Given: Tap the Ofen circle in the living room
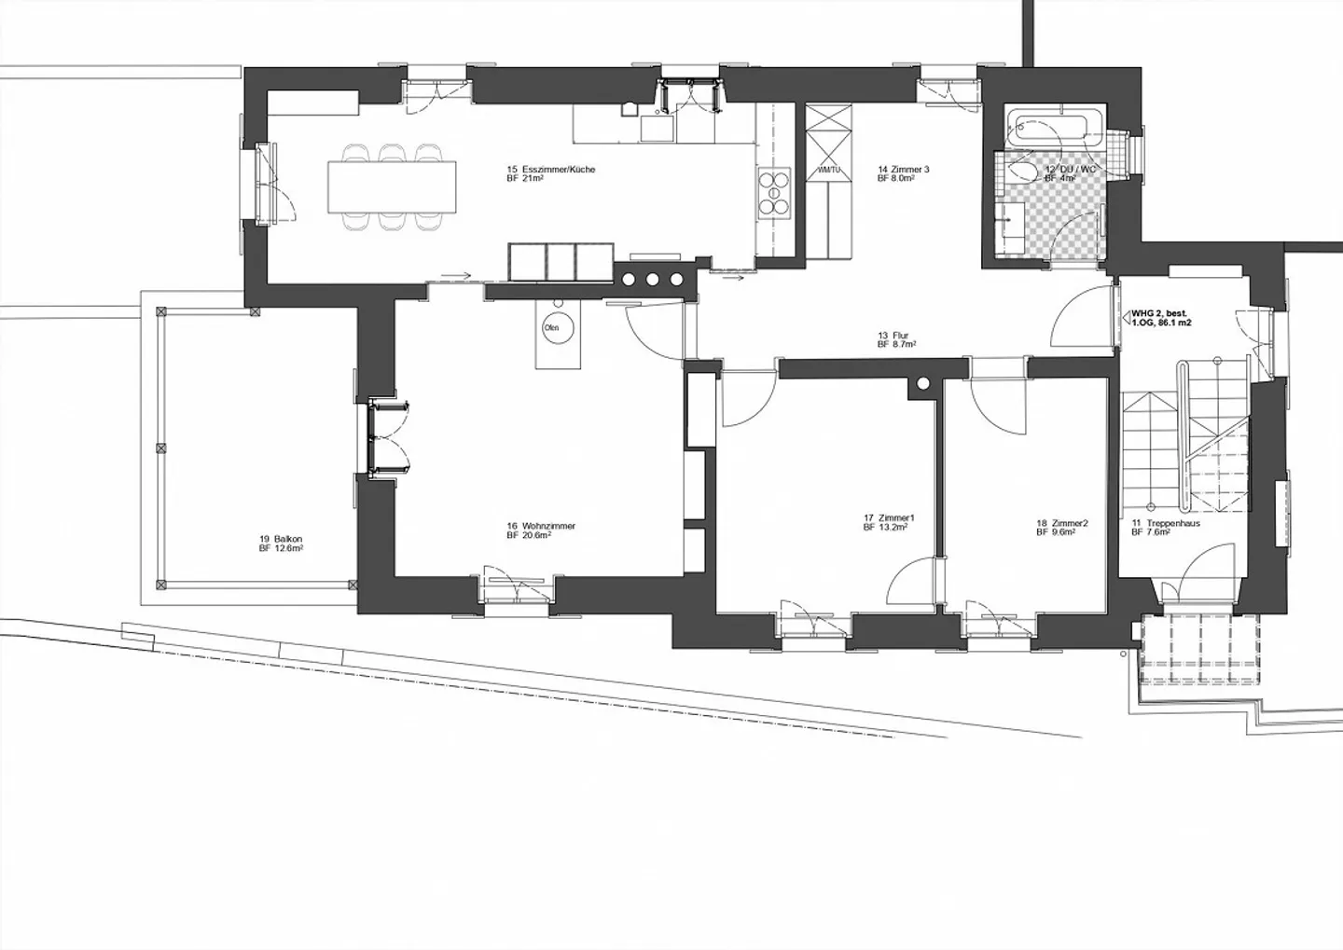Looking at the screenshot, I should [551, 328].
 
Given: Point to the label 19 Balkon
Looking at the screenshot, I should [281, 539].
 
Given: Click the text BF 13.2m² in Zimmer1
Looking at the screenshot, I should [886, 527].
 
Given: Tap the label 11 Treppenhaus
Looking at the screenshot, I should [1166, 523].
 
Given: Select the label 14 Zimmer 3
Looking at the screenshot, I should [903, 170].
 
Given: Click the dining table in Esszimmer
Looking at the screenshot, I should [393, 186].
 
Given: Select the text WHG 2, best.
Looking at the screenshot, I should [1160, 314].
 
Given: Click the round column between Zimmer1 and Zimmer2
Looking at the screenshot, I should [923, 383].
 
